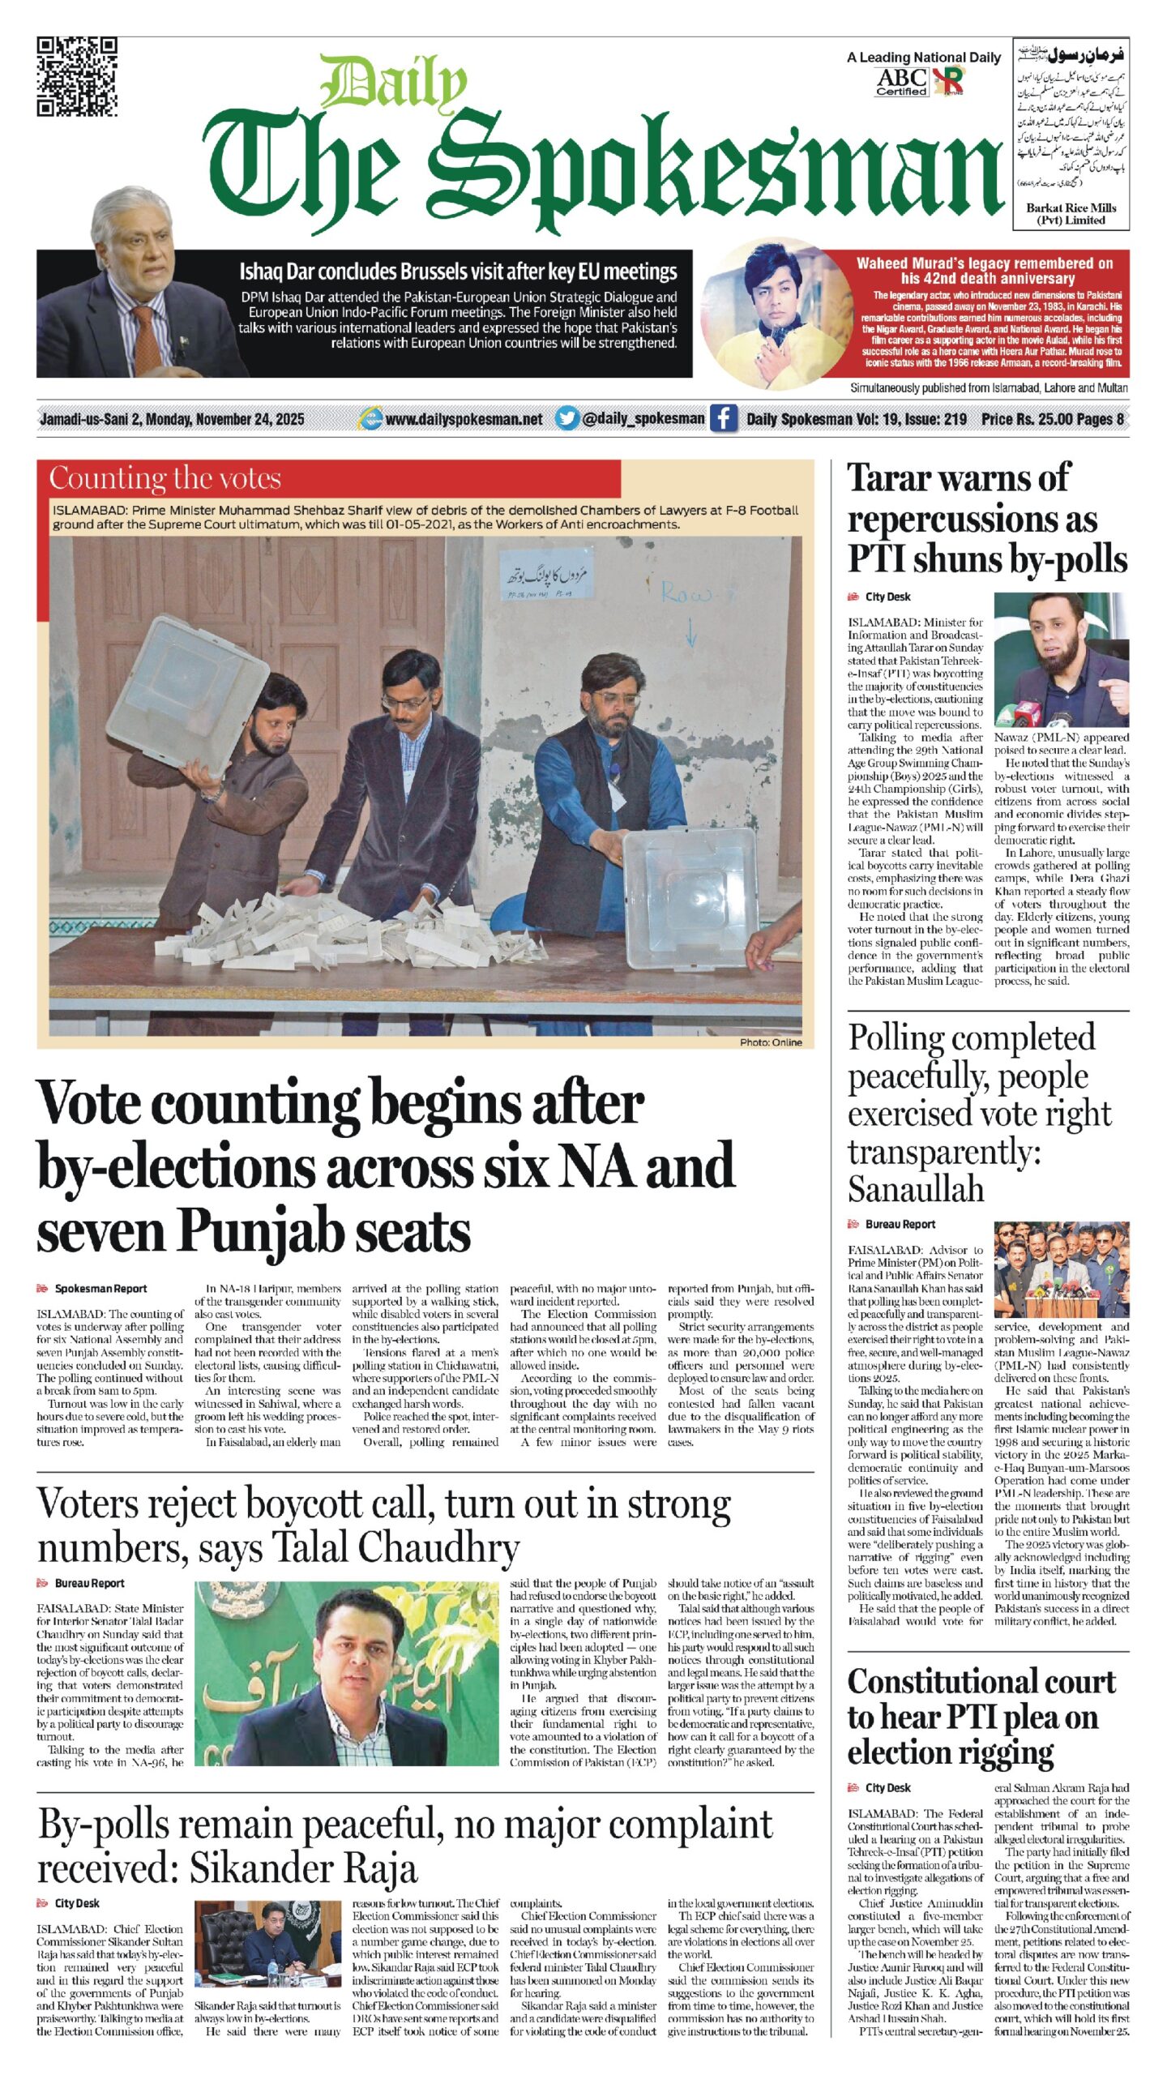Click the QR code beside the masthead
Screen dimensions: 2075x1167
[x=77, y=77]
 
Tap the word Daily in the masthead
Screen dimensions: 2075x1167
[x=392, y=84]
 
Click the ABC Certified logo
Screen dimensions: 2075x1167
[x=901, y=82]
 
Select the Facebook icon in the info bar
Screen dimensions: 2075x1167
[x=723, y=418]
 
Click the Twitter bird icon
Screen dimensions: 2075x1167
[x=567, y=418]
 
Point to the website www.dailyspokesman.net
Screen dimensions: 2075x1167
[x=464, y=419]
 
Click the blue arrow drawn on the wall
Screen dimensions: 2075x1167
[x=690, y=630]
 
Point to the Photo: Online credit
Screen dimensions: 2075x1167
[x=770, y=1042]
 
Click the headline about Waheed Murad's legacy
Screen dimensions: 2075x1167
[x=984, y=271]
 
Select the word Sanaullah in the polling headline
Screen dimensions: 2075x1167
[x=916, y=1189]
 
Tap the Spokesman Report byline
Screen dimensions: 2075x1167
[x=100, y=1289]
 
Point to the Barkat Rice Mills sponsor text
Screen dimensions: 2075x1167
[x=1071, y=214]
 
